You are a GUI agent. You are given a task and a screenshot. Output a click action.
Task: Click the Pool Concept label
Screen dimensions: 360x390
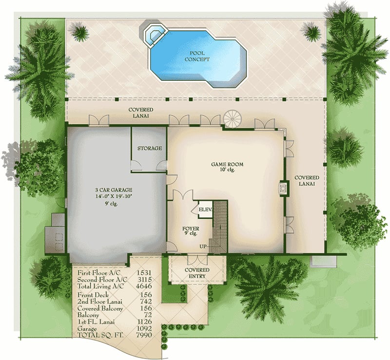coord(197,56)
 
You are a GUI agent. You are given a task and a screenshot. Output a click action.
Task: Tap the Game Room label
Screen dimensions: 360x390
coord(227,165)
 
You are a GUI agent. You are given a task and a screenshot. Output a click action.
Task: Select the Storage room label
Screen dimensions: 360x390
coord(149,148)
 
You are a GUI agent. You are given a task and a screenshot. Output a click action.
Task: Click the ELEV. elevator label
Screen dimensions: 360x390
coord(204,209)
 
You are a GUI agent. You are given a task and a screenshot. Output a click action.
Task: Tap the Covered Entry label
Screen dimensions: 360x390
coord(197,273)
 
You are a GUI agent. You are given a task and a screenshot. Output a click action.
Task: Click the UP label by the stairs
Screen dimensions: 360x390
coord(203,246)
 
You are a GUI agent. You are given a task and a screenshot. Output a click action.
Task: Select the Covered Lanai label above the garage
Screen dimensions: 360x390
coord(141,113)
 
